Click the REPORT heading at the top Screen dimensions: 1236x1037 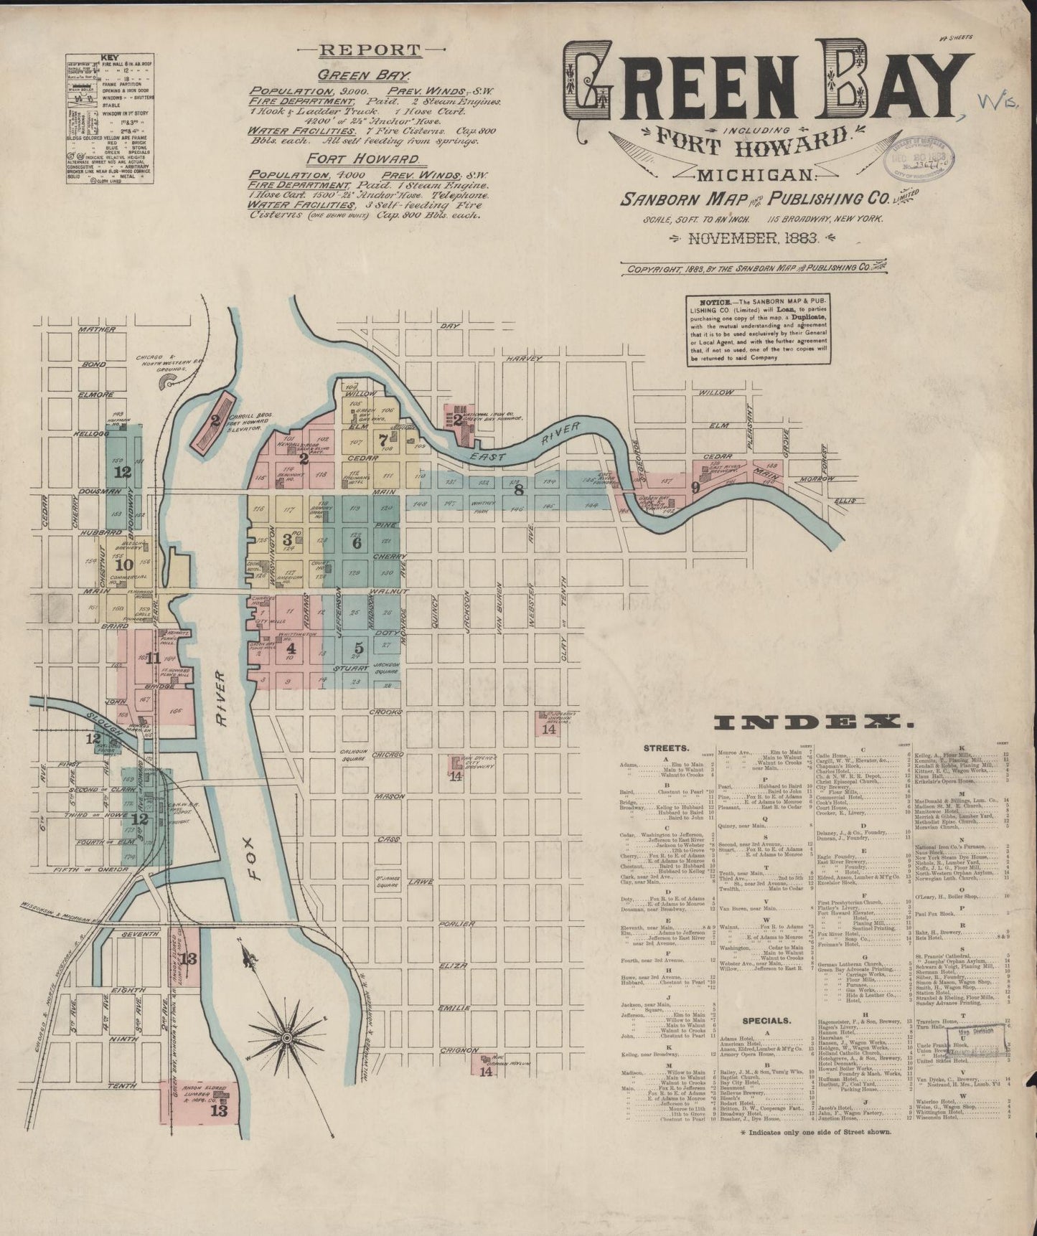(x=370, y=50)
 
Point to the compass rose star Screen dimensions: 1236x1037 (x=286, y=1037)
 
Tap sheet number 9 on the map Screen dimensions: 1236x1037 (x=694, y=487)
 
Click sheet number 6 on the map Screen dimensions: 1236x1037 (x=356, y=543)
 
